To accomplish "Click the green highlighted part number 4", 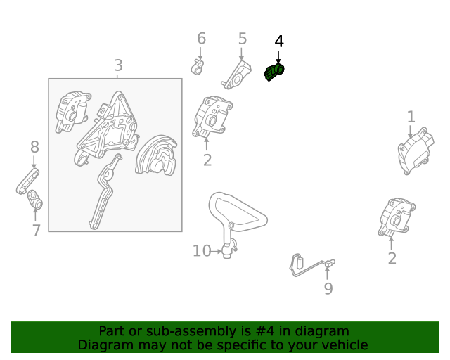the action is pos(274,72).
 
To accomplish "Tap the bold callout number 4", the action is pos(279,41).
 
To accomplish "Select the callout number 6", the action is pos(201,39).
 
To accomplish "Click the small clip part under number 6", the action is pos(198,67).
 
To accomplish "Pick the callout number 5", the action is pos(243,39).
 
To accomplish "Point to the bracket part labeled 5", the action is pos(236,75).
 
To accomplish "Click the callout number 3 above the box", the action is pos(118,65).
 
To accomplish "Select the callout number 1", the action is pos(411,117).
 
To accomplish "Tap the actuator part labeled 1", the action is pos(416,151).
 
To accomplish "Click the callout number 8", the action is pos(34,147).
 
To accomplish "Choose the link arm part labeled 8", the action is pos(27,181).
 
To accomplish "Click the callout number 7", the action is pos(36,230).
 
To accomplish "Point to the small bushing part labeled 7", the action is pos(35,200).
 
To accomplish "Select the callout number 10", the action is pos(202,251).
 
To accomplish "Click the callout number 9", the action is pos(328,288).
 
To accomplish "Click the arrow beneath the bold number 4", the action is pos(278,57).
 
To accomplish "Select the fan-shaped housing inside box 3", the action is pos(156,155).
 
